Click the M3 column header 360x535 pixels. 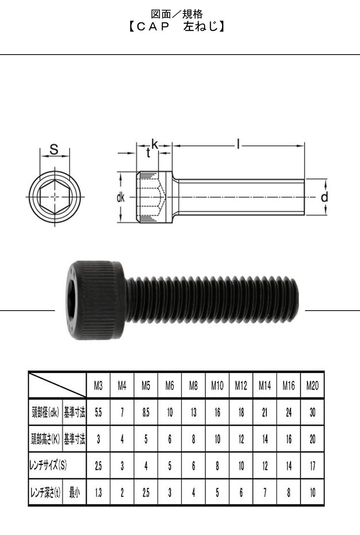pos(98,386)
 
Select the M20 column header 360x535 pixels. pos(313,386)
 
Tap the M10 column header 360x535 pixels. pos(217,386)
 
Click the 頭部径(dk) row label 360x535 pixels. pos(46,412)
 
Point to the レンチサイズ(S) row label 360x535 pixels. pos(48,465)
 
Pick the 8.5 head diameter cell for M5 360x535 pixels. pos(146,413)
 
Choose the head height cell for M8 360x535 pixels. pos(194,439)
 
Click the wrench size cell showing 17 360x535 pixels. pos(313,465)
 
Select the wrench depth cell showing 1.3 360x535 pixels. pos(98,492)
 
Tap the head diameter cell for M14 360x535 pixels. pos(265,413)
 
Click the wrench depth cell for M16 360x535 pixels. pos(288,492)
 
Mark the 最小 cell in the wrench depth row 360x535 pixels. pos(74,492)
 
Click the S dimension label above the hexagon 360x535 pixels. pos(54,149)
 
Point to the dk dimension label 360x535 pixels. pos(121,198)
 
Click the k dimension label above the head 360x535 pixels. pos(155,144)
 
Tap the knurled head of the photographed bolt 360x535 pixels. pos(96,300)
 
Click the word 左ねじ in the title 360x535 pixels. pos(201,27)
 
